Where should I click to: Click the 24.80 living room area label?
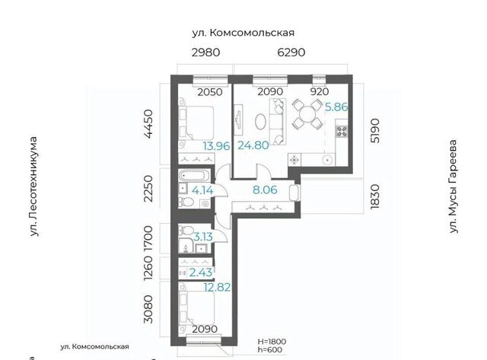pyautogui.click(x=253, y=145)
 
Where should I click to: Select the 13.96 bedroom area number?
pyautogui.click(x=216, y=145)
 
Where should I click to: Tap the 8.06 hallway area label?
pyautogui.click(x=265, y=190)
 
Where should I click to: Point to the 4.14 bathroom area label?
pyautogui.click(x=202, y=190)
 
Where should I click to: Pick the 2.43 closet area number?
pyautogui.click(x=201, y=272)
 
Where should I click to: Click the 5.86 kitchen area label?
pyautogui.click(x=336, y=107)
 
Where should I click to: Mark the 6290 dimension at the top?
pyautogui.click(x=291, y=53)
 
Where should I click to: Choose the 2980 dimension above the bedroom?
pyautogui.click(x=205, y=53)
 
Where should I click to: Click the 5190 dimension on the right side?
pyautogui.click(x=375, y=130)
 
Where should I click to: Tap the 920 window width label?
pyautogui.click(x=320, y=91)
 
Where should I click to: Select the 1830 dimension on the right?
pyautogui.click(x=375, y=196)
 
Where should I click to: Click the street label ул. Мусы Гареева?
pyautogui.click(x=454, y=186)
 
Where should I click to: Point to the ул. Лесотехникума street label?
pyautogui.click(x=33, y=186)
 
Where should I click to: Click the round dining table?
pyautogui.click(x=307, y=114)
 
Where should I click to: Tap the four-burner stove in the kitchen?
pyautogui.click(x=342, y=132)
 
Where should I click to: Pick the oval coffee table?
pyautogui.click(x=261, y=122)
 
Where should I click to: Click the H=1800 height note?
pyautogui.click(x=272, y=342)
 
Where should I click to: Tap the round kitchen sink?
pyautogui.click(x=327, y=160)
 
